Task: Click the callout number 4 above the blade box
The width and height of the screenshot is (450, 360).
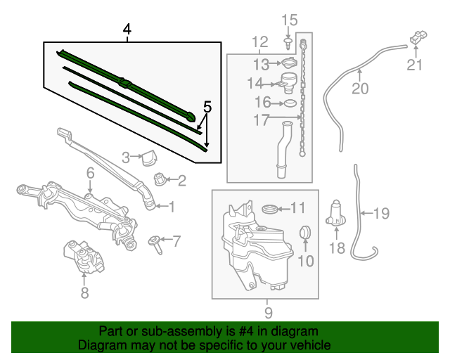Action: (x=127, y=30)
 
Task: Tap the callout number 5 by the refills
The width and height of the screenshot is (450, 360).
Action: (x=207, y=108)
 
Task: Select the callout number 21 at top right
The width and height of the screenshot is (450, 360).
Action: (x=416, y=66)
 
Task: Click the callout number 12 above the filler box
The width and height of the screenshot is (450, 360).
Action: (x=259, y=42)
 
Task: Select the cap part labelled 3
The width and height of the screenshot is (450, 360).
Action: (x=148, y=157)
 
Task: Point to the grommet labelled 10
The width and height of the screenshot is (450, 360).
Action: (x=305, y=231)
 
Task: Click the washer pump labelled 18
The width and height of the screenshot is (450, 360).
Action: (x=337, y=213)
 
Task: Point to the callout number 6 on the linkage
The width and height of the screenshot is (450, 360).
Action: (x=91, y=173)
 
